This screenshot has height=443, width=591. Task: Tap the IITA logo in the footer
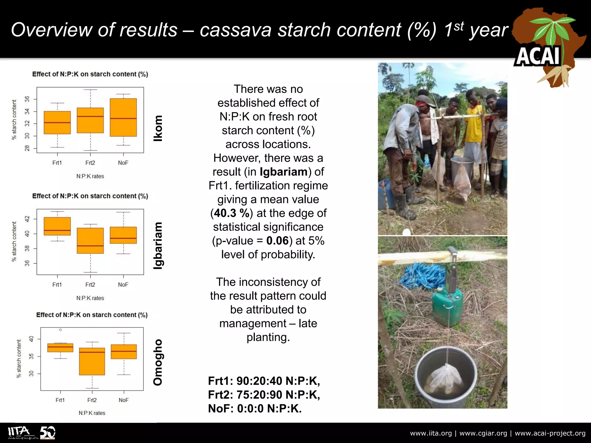[x=19, y=432]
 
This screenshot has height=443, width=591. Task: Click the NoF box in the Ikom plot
[x=123, y=117]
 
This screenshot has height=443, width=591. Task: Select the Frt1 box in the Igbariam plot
[x=57, y=226]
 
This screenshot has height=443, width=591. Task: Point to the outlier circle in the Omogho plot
[x=60, y=330]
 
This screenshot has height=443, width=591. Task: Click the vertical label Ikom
[x=158, y=128]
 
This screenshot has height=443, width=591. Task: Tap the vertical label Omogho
[x=158, y=362]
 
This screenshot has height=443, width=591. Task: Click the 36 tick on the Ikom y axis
[x=27, y=99]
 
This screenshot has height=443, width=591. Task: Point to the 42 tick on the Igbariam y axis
[x=27, y=219]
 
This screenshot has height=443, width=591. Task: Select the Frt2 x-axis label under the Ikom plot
[x=90, y=163]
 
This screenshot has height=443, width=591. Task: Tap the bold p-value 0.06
[x=277, y=241]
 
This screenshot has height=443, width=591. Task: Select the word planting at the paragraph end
[x=268, y=337]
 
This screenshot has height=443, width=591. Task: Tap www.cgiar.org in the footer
[x=483, y=433]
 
